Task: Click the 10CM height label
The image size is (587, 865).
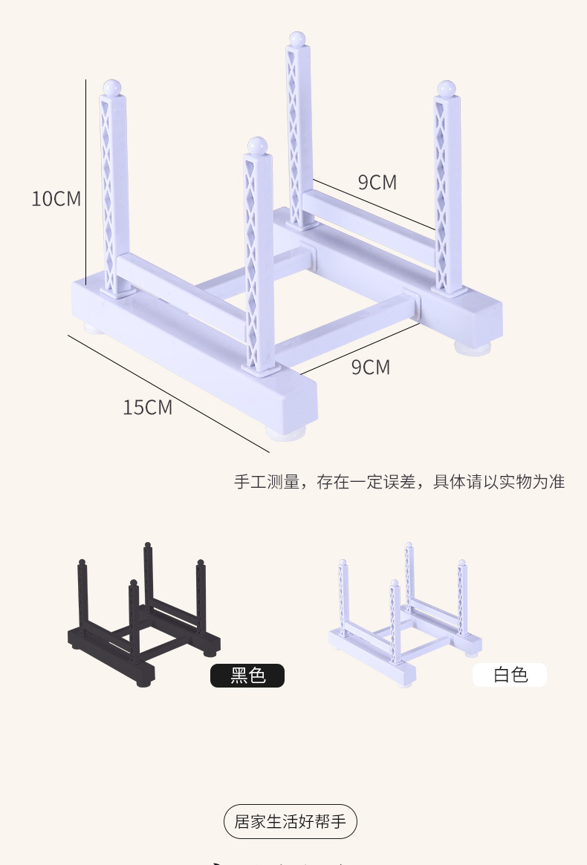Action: pyautogui.click(x=56, y=199)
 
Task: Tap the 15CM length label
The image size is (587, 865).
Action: pyautogui.click(x=147, y=407)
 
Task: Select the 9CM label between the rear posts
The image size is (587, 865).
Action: pyautogui.click(x=377, y=182)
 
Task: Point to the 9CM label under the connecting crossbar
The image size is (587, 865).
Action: pyautogui.click(x=370, y=367)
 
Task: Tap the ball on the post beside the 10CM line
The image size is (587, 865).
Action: pyautogui.click(x=112, y=87)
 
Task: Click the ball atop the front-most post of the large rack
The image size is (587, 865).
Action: pyautogui.click(x=257, y=146)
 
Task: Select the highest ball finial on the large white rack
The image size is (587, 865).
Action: pyautogui.click(x=296, y=38)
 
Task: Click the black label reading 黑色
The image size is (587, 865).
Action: pyautogui.click(x=247, y=675)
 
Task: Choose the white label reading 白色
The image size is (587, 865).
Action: pyautogui.click(x=510, y=674)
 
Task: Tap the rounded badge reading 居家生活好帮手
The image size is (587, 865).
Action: pyautogui.click(x=291, y=822)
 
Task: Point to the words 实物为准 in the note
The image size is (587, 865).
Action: pyautogui.click(x=531, y=481)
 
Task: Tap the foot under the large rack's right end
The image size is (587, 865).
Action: pyautogui.click(x=473, y=344)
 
